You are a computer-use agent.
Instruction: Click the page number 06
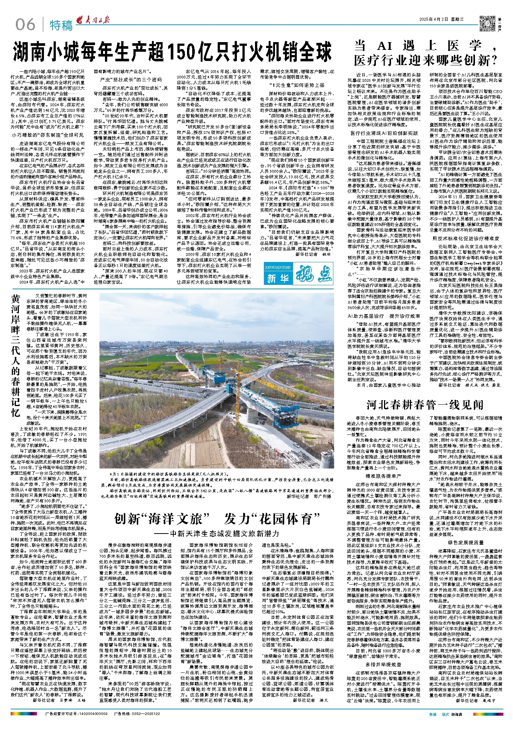[25, 25]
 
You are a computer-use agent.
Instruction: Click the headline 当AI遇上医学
[425, 52]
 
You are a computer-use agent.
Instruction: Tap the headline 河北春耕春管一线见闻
[425, 405]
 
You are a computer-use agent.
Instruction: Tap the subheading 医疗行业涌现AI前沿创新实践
[384, 133]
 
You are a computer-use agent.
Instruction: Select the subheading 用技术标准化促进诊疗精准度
[465, 239]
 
